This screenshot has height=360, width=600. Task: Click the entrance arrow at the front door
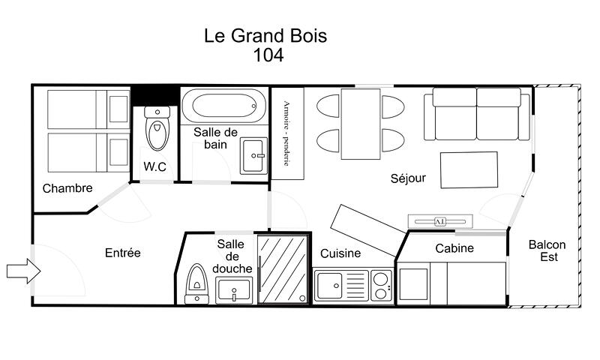(x=24, y=271)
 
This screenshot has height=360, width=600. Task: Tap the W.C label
(x=155, y=166)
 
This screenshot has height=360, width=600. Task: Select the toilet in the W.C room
(x=157, y=128)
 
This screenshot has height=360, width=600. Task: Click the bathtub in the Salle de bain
(x=223, y=105)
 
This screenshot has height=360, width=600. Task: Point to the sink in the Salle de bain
(x=253, y=156)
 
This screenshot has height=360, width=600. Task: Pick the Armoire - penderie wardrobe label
(x=286, y=133)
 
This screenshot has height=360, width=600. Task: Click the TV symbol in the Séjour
(x=440, y=221)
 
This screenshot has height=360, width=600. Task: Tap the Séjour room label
(x=408, y=178)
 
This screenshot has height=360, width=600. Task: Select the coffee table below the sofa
(x=469, y=169)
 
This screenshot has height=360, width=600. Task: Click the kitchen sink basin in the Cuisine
(x=330, y=286)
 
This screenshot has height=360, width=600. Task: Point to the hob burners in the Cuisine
(x=381, y=286)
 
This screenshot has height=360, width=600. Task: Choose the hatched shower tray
(x=283, y=269)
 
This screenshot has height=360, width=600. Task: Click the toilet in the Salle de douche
(x=196, y=283)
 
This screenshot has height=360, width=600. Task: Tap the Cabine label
(x=454, y=248)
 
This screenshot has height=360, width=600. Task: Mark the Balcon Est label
(x=547, y=250)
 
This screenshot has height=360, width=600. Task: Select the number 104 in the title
(x=268, y=55)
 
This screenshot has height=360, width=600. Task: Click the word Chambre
(x=67, y=188)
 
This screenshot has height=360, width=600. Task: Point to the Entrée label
(x=123, y=253)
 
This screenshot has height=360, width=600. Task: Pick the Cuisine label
(x=340, y=253)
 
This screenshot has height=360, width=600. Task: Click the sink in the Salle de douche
(x=234, y=290)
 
